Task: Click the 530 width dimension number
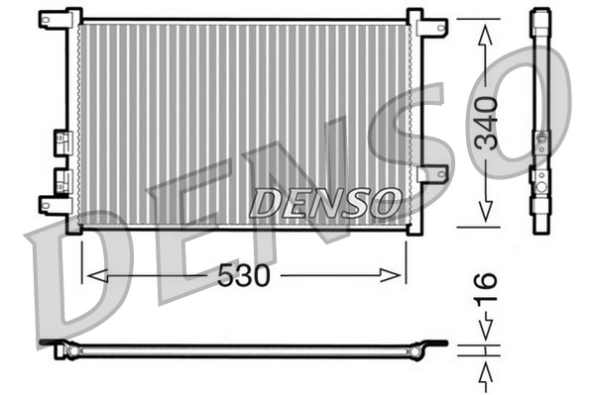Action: (243, 275)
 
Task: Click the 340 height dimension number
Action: (486, 123)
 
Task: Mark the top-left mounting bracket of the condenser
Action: (57, 23)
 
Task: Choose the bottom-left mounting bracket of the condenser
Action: (56, 205)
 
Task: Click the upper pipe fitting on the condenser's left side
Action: (62, 141)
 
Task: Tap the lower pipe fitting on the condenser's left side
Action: (62, 180)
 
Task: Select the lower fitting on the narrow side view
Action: (540, 179)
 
